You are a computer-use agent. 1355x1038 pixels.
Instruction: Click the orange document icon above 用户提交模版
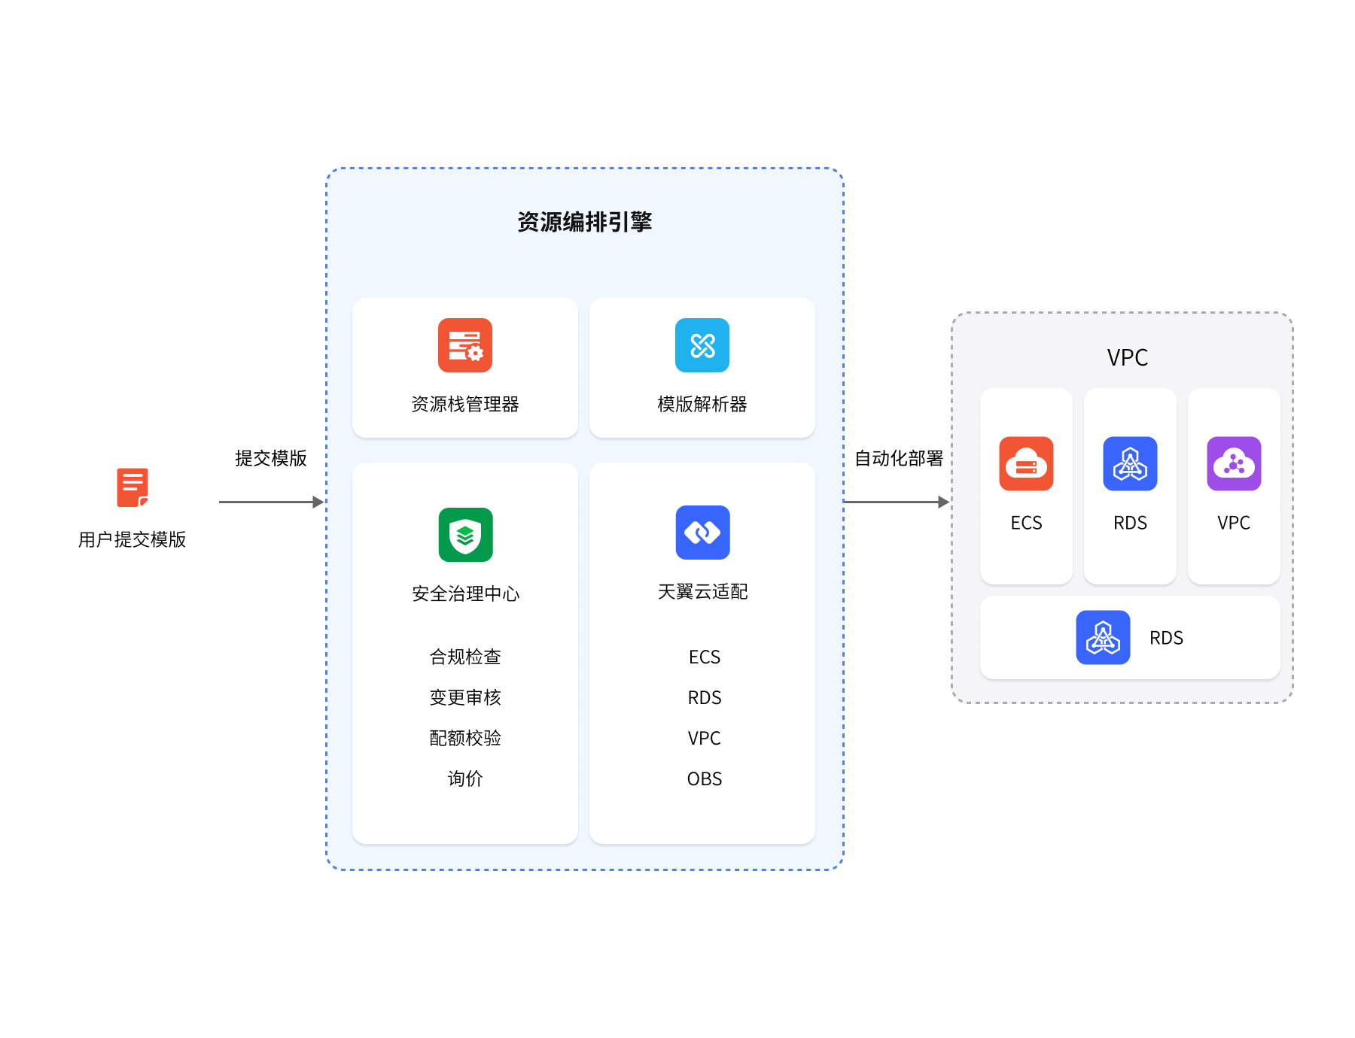[132, 487]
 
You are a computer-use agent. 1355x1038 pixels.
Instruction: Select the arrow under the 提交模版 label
[271, 502]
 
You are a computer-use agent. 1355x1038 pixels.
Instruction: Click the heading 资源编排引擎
[584, 222]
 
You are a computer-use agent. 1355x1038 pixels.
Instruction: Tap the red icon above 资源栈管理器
[465, 345]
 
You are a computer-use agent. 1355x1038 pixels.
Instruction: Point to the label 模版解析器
[702, 405]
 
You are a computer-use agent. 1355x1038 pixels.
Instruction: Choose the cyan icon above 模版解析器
[702, 345]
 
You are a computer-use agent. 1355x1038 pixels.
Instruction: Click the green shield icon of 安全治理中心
[465, 535]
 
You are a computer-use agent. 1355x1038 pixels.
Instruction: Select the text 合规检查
[465, 657]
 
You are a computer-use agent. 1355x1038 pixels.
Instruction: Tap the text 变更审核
[465, 697]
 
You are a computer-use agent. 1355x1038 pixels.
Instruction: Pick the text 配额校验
[465, 738]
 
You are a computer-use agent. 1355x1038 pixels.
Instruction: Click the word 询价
[465, 778]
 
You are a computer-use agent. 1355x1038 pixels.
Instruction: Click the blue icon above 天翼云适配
[702, 533]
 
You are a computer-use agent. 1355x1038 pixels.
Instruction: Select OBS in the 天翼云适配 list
[704, 778]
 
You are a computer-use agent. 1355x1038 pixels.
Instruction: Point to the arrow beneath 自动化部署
[896, 502]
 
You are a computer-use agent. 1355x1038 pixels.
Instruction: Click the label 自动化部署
[899, 458]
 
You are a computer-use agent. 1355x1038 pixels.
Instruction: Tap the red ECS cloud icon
[1026, 463]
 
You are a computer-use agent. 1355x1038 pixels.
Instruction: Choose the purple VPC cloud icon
[1234, 463]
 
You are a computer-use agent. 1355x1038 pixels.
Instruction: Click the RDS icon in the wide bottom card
[1103, 637]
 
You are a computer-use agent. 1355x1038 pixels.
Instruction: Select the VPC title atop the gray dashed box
[1127, 357]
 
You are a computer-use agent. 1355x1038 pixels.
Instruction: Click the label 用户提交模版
[132, 539]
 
